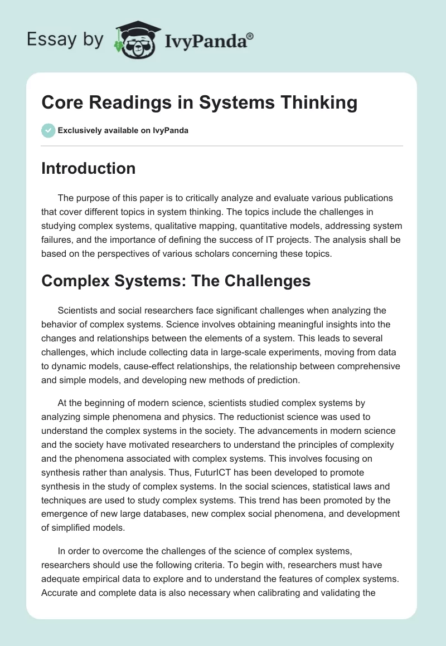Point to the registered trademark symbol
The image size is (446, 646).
(x=250, y=36)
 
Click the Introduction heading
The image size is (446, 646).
(x=88, y=168)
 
